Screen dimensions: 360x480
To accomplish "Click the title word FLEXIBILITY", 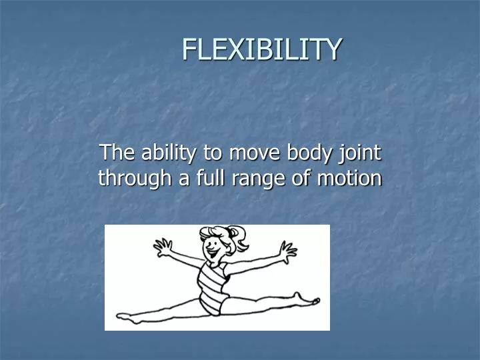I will coord(262,49).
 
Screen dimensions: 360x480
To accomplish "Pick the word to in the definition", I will coord(213,153).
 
